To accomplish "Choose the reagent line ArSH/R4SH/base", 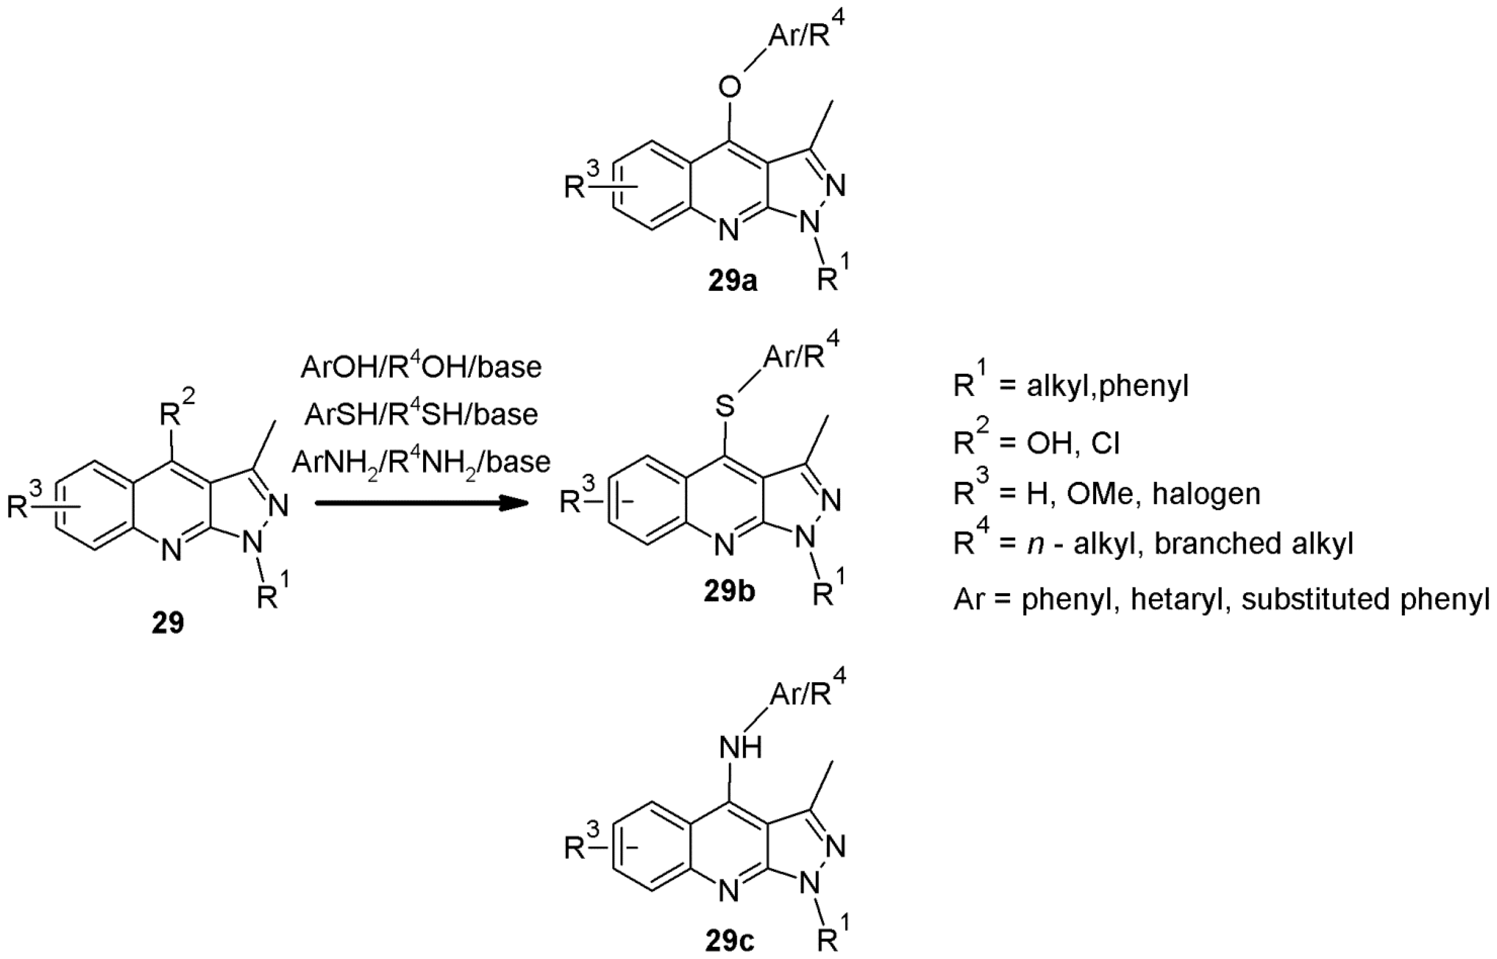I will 421,414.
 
